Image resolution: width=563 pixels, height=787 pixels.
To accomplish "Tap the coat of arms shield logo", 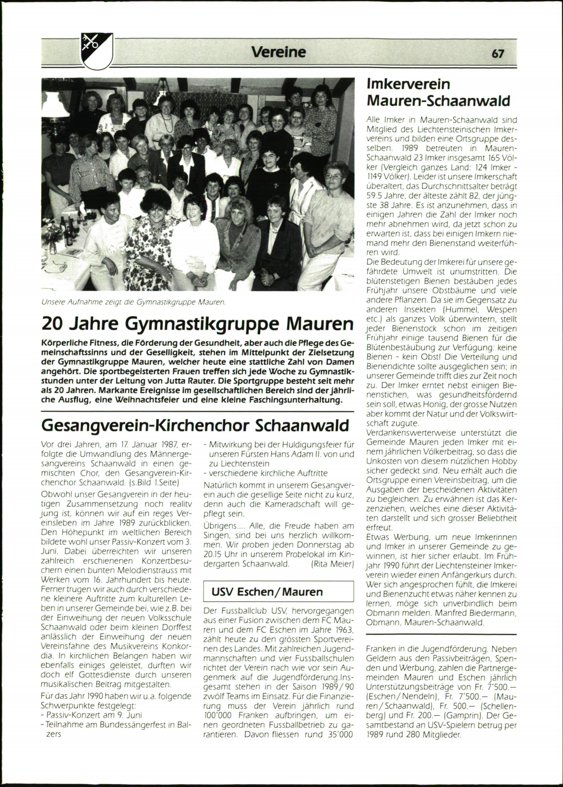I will (97, 51).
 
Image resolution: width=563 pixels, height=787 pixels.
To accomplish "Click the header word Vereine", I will (278, 52).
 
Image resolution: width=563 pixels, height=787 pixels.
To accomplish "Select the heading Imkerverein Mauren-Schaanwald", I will (438, 92).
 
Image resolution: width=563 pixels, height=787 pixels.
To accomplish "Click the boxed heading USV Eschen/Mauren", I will (267, 592).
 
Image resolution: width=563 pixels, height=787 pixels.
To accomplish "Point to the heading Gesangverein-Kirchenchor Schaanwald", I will (195, 425).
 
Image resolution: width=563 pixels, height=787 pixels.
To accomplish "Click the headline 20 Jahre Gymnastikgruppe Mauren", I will (197, 324).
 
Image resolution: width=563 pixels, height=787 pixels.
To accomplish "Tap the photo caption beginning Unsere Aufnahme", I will (134, 302).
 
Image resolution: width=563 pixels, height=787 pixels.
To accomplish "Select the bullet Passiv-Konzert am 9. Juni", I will (94, 715).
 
